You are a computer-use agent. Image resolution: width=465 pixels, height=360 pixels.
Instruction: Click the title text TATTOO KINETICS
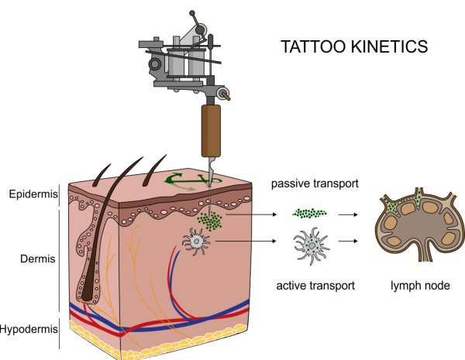(354, 48)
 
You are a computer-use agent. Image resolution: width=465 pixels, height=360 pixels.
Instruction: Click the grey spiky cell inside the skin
(197, 243)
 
